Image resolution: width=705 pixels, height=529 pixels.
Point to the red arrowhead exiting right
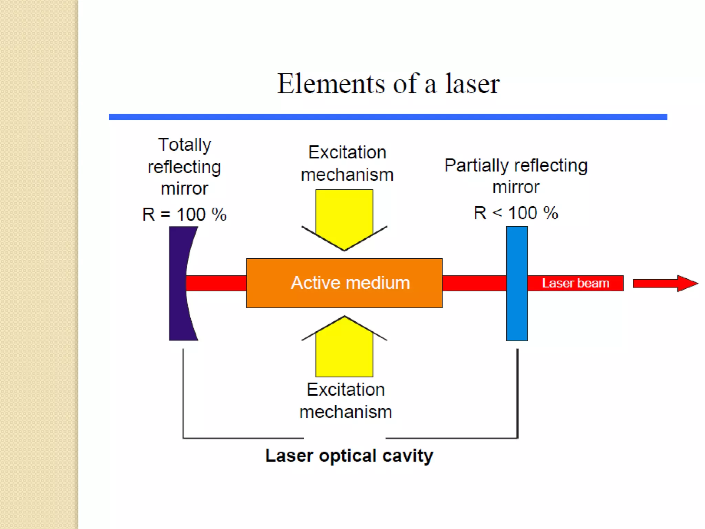tap(687, 283)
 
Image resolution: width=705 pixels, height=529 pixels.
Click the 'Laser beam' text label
tap(575, 283)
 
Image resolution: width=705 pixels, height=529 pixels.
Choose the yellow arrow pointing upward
tap(344, 348)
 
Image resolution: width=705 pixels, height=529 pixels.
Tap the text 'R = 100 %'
tap(185, 214)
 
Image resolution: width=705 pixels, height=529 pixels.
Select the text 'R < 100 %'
tap(515, 213)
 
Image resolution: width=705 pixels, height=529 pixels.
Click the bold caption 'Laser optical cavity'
tap(349, 456)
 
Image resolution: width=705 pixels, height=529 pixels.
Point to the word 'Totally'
tap(185, 145)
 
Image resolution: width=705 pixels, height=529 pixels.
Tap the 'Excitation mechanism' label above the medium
tap(347, 163)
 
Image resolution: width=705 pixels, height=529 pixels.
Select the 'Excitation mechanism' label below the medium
tap(346, 401)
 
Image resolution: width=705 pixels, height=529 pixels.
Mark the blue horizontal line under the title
tap(388, 117)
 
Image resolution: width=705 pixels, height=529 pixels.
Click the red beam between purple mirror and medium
tap(216, 283)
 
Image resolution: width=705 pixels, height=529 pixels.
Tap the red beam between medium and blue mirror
tap(474, 283)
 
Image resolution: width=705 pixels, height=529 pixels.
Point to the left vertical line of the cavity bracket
tap(183, 393)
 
